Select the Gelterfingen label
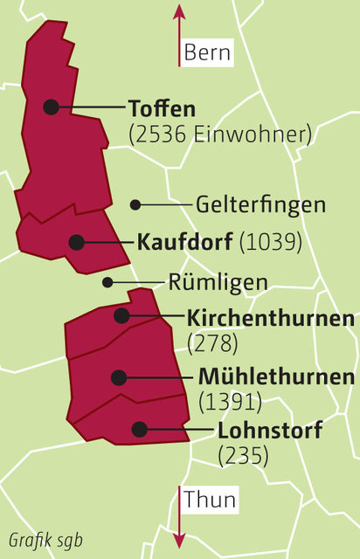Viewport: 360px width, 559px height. pos(261,205)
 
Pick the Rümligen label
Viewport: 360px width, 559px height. pos(218,282)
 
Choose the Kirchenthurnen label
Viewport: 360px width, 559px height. pos(271,317)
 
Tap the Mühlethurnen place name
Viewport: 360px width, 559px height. pos(276,377)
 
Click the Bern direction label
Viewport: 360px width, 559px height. pos(207,53)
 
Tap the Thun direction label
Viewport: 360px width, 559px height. pos(210,500)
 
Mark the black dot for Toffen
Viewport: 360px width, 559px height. pos(52,107)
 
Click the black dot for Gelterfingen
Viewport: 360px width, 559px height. pos(135,205)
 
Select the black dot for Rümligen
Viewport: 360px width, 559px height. pos(107,282)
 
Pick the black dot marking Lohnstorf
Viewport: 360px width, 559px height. pos(138,429)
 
